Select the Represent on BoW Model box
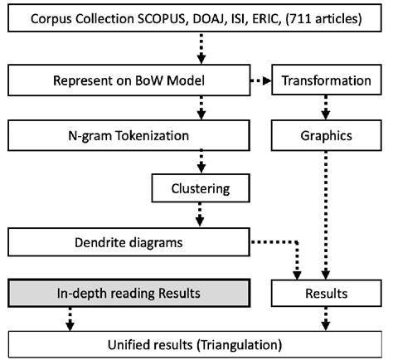pos(128,80)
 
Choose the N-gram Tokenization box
pos(128,134)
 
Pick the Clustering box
pos(200,188)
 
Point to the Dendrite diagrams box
pos(128,242)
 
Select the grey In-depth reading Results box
pos(128,293)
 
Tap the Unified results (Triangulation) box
pos(196,342)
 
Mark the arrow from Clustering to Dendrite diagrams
pos(200,216)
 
